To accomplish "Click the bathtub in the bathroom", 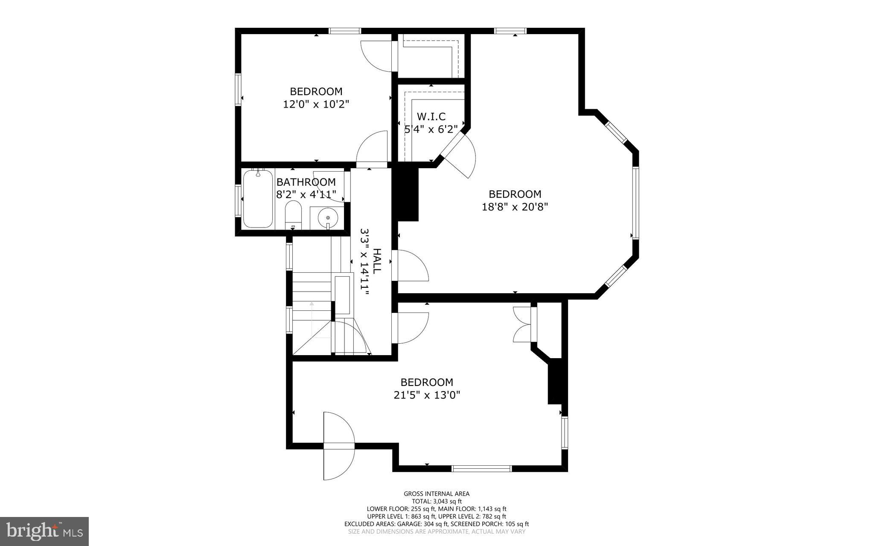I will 258,199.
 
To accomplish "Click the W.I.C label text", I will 431,116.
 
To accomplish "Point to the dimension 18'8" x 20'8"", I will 515,207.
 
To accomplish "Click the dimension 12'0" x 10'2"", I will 316,104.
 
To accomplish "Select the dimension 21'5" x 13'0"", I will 426,395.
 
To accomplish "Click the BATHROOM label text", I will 306,182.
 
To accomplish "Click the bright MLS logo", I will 44,531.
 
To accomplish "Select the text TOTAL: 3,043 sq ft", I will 437,501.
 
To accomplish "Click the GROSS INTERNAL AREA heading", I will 437,494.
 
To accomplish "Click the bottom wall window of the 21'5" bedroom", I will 481,468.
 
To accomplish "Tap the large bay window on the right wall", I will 635,202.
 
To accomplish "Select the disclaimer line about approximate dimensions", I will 437,531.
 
